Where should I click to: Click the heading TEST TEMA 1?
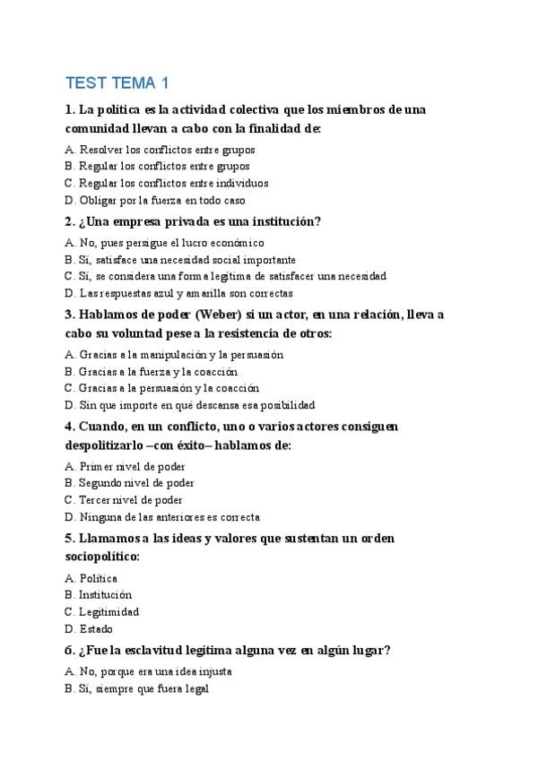tap(117, 84)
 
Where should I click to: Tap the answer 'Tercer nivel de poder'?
tap(131, 500)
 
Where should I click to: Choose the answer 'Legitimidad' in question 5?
tap(108, 612)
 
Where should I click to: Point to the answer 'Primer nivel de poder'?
tap(131, 466)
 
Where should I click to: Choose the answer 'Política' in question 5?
tap(98, 578)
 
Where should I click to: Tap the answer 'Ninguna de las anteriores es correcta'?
tap(169, 517)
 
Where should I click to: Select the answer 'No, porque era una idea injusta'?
tap(156, 671)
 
